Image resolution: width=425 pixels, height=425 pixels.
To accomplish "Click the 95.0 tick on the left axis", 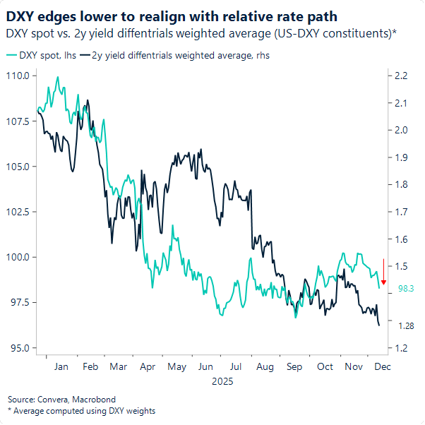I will [x=21, y=348].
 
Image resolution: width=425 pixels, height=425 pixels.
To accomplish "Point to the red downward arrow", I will [x=383, y=273].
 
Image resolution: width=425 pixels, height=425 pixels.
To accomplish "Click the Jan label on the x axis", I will [x=61, y=367].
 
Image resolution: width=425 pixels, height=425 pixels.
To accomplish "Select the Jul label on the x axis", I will [x=236, y=367].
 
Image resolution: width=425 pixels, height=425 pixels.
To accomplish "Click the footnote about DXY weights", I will [x=81, y=411].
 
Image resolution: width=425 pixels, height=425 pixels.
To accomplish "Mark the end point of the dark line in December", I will [x=380, y=325].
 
